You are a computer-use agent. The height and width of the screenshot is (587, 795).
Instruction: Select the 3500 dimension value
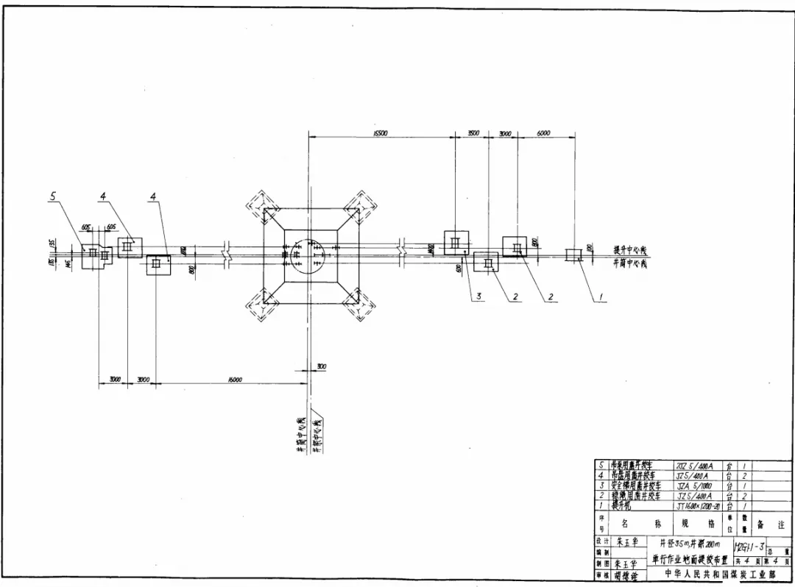(x=473, y=133)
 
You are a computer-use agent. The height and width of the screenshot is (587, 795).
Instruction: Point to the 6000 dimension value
(x=543, y=133)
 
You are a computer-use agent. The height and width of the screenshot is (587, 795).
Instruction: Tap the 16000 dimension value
(x=235, y=380)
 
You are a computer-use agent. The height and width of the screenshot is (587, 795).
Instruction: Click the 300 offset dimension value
(x=322, y=366)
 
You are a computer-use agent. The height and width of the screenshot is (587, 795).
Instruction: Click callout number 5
(x=53, y=196)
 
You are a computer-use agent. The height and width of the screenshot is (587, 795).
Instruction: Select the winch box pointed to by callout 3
(x=456, y=242)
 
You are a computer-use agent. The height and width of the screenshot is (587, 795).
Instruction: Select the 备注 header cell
(x=773, y=524)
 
